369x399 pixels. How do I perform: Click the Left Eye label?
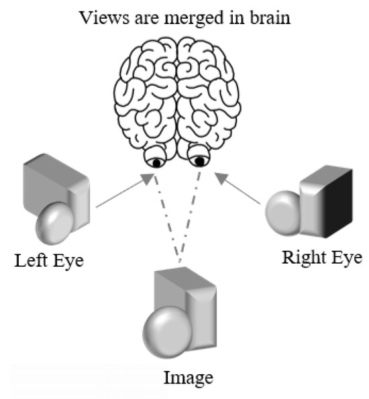point(50,259)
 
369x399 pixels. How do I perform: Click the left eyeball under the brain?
point(156,160)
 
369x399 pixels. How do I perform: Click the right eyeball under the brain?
point(199,160)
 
